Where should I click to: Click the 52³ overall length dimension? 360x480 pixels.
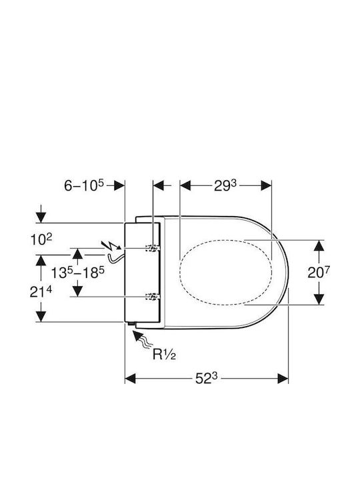(206, 379)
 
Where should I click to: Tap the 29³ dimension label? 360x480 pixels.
(225, 185)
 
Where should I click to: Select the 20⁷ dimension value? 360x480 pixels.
(319, 272)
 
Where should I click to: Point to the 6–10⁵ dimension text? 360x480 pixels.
(84, 185)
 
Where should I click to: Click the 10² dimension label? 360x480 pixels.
(41, 239)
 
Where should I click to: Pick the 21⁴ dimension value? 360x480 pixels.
(41, 292)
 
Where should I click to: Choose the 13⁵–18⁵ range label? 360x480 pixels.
(77, 272)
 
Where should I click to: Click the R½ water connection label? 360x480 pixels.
(164, 355)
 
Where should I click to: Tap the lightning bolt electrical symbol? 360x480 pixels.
(111, 245)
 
